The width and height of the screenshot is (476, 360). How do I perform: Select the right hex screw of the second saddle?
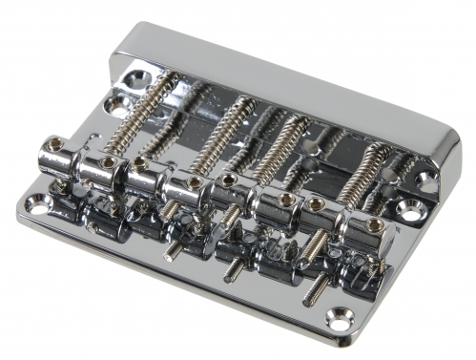pos(193,182)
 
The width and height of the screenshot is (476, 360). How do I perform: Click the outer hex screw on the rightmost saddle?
pos(375,225)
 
